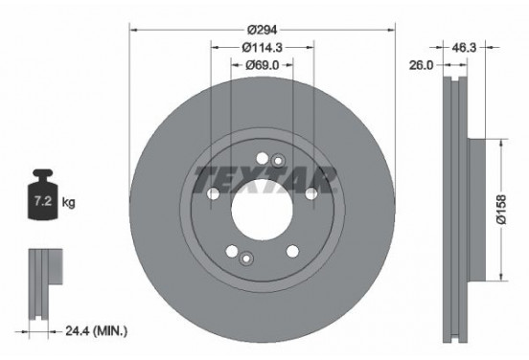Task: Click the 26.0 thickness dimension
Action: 421,66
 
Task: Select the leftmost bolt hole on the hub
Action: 211,195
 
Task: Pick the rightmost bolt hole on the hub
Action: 311,195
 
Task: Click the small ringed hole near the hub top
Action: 278,160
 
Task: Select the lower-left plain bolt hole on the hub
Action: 231,251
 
